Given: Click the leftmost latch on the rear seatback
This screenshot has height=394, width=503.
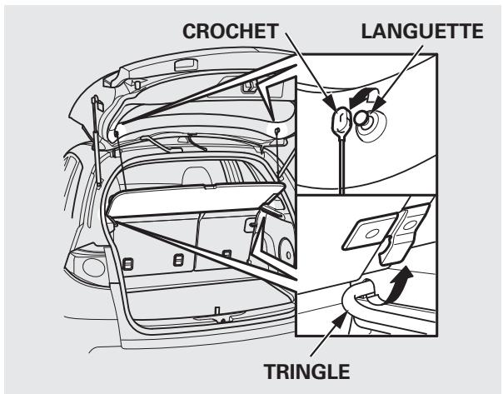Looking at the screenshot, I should (126, 264).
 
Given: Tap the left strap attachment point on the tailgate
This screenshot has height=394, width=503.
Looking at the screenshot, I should (116, 129).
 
